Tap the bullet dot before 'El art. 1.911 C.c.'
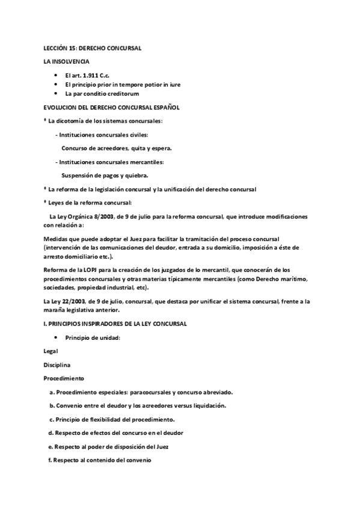[55, 75]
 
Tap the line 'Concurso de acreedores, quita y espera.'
[117, 149]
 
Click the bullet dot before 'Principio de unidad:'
[55, 338]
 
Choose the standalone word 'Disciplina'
[57, 364]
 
